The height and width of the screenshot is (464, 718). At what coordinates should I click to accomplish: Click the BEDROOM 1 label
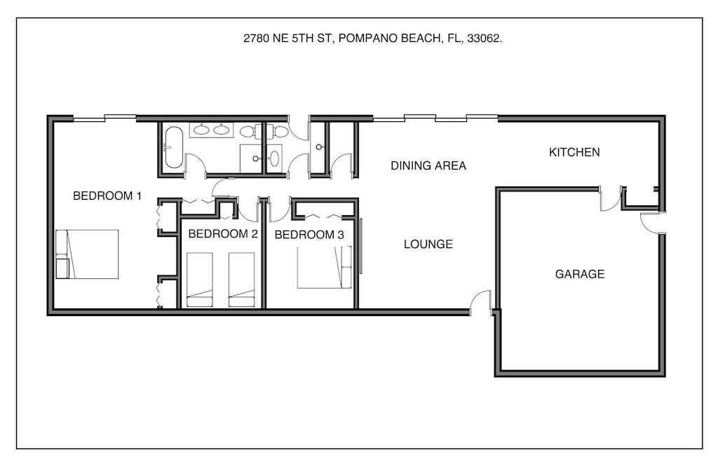(x=107, y=196)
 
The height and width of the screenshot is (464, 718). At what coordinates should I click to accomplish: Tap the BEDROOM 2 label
(x=223, y=234)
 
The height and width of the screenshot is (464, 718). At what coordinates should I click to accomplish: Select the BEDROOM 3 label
(x=309, y=235)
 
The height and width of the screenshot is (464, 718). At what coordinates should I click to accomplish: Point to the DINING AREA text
(x=428, y=166)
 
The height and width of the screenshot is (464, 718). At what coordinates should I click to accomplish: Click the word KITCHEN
(x=574, y=152)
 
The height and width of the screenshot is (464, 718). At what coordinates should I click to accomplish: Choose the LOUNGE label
(x=428, y=245)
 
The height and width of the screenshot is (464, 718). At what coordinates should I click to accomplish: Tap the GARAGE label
(x=579, y=274)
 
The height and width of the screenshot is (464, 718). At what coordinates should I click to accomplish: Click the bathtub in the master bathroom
(x=172, y=146)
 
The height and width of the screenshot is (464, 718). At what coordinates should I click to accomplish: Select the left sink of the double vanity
(x=201, y=129)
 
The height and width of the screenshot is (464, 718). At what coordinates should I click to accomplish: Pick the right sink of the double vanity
(x=222, y=129)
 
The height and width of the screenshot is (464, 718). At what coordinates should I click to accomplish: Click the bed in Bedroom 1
(x=88, y=254)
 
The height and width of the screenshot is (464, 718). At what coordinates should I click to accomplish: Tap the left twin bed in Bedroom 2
(x=200, y=280)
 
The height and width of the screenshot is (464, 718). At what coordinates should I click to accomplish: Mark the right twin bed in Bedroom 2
(x=241, y=280)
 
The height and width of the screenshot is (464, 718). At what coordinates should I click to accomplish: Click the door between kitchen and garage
(x=610, y=198)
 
